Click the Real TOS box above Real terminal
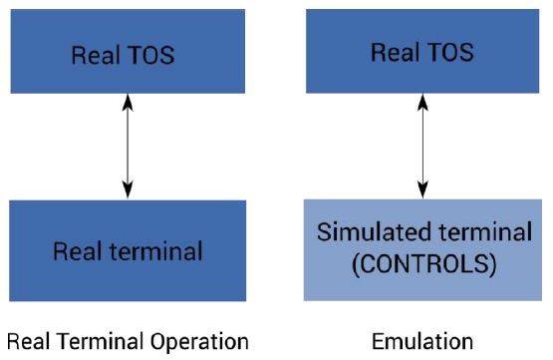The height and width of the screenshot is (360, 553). (x=123, y=52)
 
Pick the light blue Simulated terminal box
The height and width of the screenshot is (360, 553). (x=424, y=250)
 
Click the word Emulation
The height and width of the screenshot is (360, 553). (x=423, y=341)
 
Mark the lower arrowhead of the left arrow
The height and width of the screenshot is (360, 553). (x=127, y=191)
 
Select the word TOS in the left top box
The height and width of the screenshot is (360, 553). (x=150, y=54)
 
